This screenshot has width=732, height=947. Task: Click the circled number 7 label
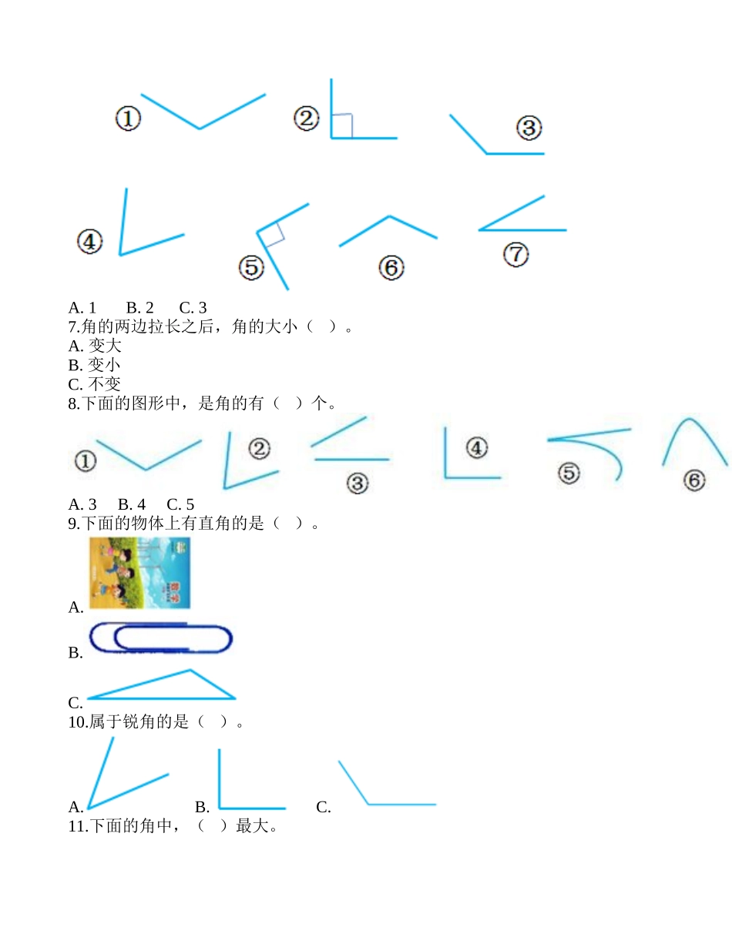(x=515, y=255)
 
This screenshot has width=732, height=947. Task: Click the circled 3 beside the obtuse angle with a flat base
(x=529, y=128)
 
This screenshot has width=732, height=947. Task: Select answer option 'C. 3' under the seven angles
(x=193, y=308)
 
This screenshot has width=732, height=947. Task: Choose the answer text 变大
(x=105, y=346)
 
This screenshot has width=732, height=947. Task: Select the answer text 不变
(x=105, y=383)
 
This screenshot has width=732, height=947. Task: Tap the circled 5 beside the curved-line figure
(x=569, y=473)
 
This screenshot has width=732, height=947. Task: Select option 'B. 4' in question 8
(x=132, y=505)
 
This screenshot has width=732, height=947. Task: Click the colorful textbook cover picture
(x=139, y=573)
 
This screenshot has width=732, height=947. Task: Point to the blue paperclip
(x=161, y=638)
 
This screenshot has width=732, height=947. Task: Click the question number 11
(x=78, y=827)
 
